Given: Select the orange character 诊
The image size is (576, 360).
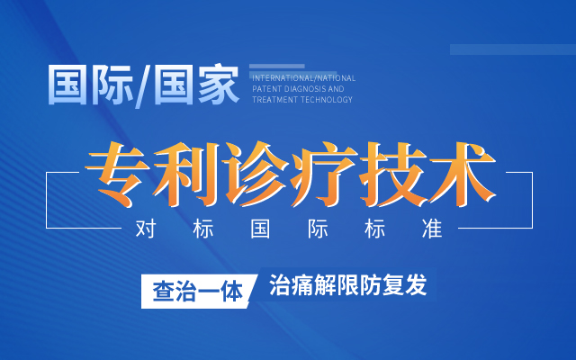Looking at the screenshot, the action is tap(255, 174).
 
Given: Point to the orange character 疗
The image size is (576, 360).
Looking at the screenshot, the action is tap(323, 174).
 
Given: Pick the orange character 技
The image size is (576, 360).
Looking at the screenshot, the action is tap(392, 174).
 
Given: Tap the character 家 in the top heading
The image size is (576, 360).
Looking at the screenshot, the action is tap(219, 85).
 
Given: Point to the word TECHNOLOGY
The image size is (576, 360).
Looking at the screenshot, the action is tap(327, 100).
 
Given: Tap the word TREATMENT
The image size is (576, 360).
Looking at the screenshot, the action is tap(274, 100).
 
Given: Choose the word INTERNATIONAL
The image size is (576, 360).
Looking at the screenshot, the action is tap(283, 78).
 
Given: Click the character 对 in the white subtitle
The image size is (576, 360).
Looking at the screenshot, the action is tap(146, 229).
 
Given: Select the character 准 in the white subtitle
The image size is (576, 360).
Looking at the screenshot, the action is tap(432, 229).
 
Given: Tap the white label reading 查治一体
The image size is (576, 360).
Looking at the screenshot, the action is tap(198, 292).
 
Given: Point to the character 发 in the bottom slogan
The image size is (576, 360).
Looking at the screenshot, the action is tap(416, 284).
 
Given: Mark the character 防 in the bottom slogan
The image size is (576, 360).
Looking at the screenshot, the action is tap(370, 284).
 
